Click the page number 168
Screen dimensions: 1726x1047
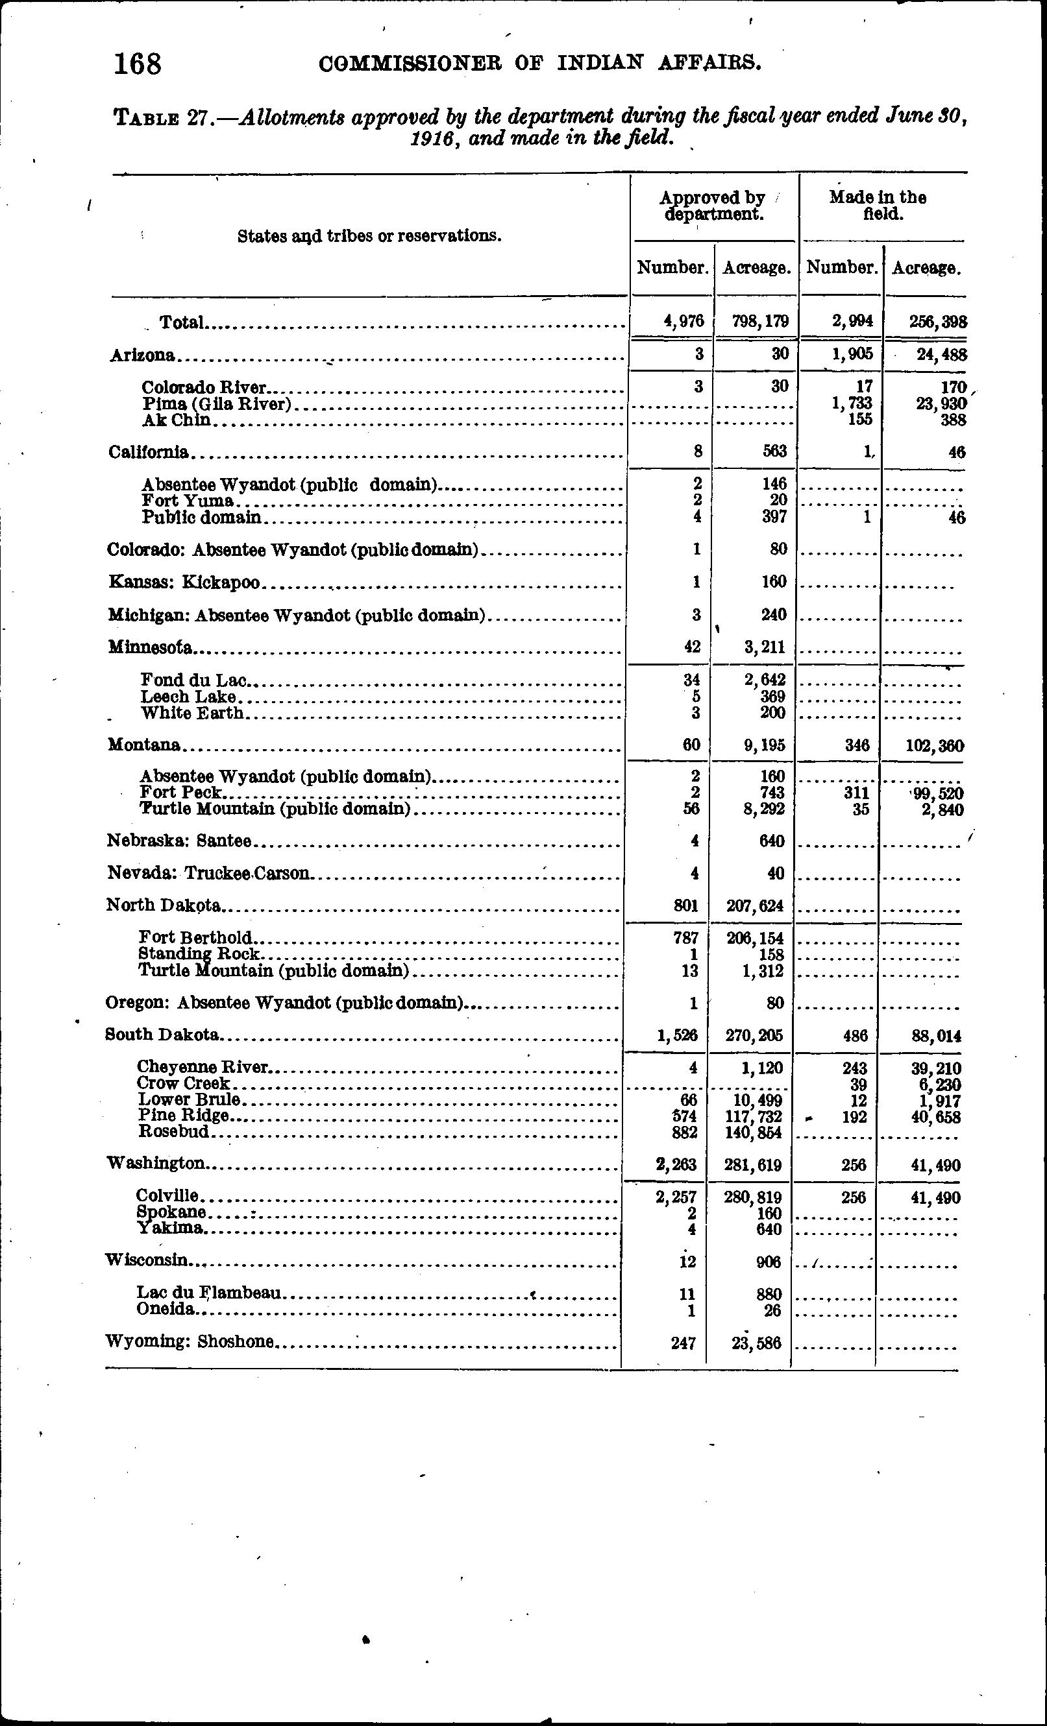(x=138, y=64)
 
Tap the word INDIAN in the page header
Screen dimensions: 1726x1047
(x=600, y=63)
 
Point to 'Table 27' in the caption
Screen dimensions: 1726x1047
(x=162, y=117)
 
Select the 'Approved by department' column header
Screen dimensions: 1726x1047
(x=713, y=206)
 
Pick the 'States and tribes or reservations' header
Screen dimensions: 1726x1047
(x=369, y=236)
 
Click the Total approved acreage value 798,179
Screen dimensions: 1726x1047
(x=760, y=322)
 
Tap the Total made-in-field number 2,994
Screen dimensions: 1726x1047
(x=852, y=322)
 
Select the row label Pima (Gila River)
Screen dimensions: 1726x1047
(x=217, y=404)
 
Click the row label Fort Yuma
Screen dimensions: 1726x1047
(x=187, y=500)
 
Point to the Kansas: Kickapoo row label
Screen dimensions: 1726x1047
(x=184, y=582)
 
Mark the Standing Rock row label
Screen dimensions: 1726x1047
(x=200, y=953)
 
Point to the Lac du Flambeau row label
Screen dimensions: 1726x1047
(x=209, y=1293)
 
